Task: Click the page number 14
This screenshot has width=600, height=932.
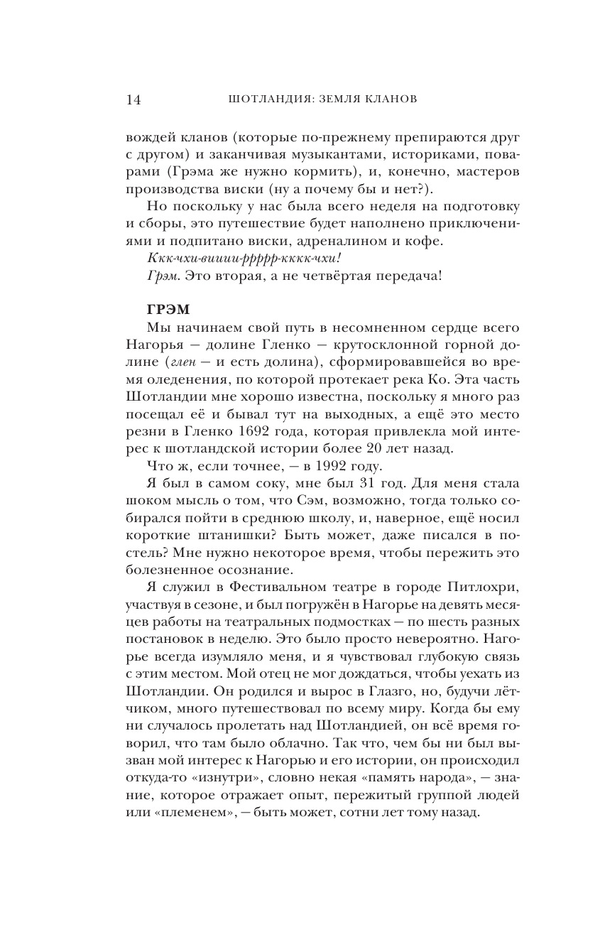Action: click(133, 99)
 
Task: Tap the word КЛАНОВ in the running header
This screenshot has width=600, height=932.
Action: click(388, 99)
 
